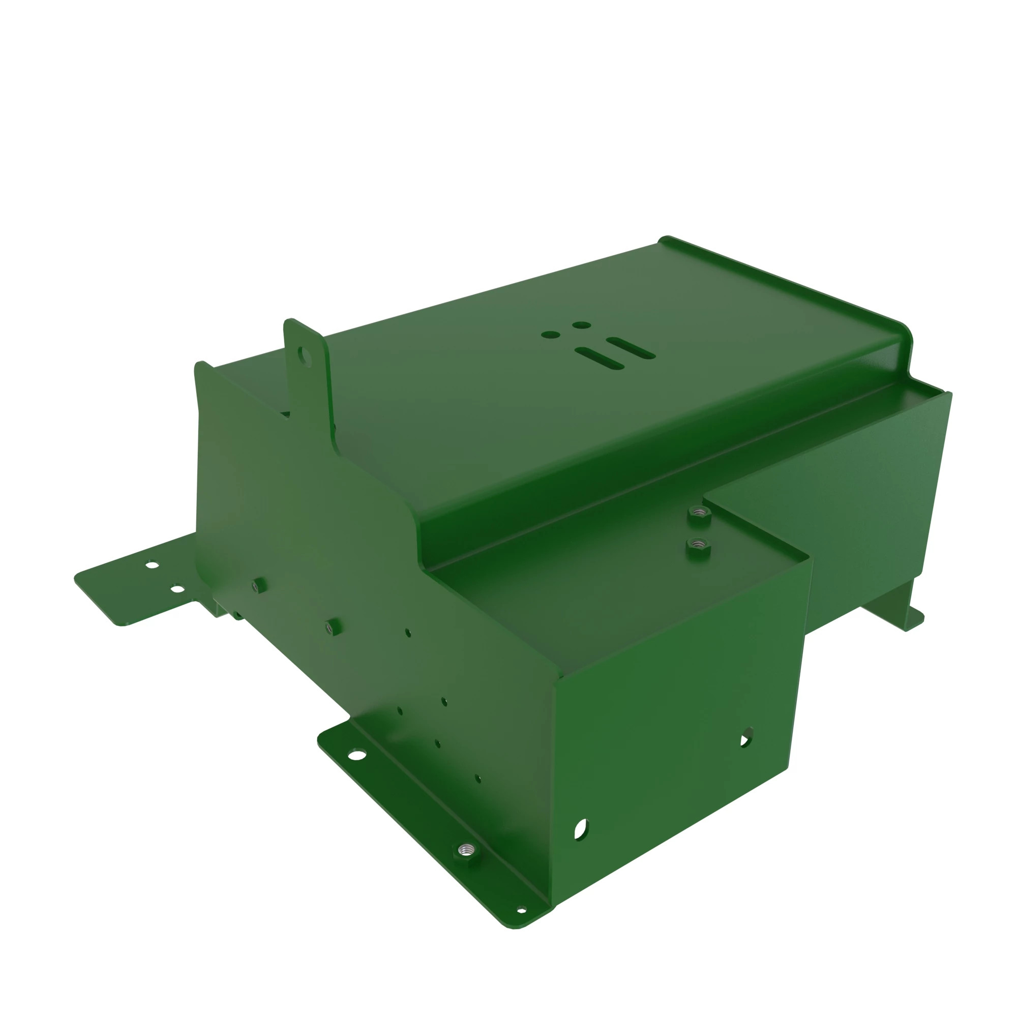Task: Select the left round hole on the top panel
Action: click(x=550, y=334)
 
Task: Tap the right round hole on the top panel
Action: click(x=581, y=325)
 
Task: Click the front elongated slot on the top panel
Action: click(x=599, y=357)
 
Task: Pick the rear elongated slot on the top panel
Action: click(x=631, y=348)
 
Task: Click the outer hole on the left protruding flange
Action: click(x=153, y=565)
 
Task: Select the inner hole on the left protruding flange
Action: click(x=178, y=589)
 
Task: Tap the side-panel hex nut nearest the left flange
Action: click(x=258, y=585)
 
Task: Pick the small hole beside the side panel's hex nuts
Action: click(x=408, y=633)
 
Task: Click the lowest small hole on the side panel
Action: click(x=477, y=778)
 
